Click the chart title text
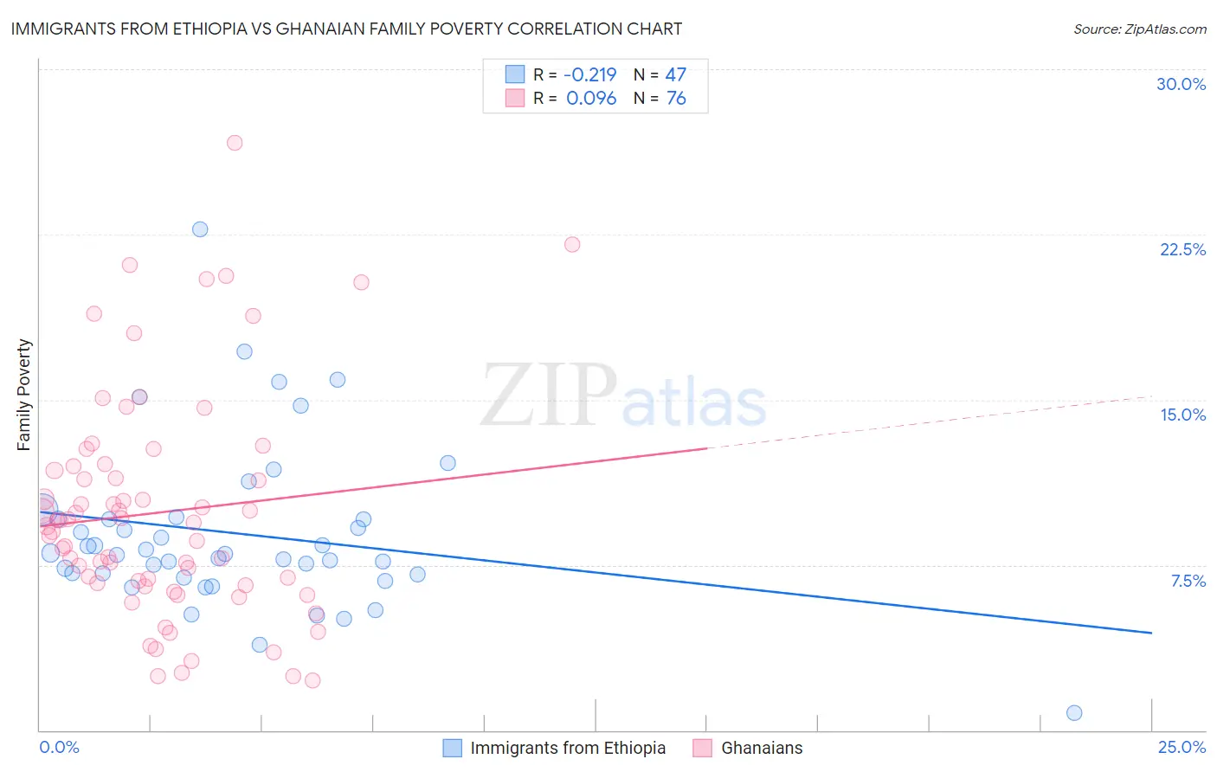pyautogui.click(x=346, y=29)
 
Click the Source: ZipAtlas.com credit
pyautogui.click(x=1139, y=29)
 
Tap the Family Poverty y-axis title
pyautogui.click(x=24, y=395)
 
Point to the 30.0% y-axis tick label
pyautogui.click(x=1181, y=84)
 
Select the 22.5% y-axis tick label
pyautogui.click(x=1182, y=249)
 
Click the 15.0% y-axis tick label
pyautogui.click(x=1182, y=415)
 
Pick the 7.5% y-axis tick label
pyautogui.click(x=1188, y=581)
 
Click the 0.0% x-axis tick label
pyautogui.click(x=59, y=747)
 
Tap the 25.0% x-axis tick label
pyautogui.click(x=1182, y=747)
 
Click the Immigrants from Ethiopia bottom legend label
pyautogui.click(x=568, y=748)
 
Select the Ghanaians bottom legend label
pyautogui.click(x=762, y=748)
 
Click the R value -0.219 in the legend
pyautogui.click(x=591, y=74)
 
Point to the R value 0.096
pyautogui.click(x=591, y=98)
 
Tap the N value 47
pyautogui.click(x=675, y=74)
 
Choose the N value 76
pyautogui.click(x=675, y=98)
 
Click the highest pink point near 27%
pyautogui.click(x=235, y=143)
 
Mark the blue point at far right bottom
pyautogui.click(x=1074, y=712)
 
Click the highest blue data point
pyautogui.click(x=200, y=229)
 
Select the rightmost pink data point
pyautogui.click(x=572, y=244)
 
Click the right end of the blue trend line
pyautogui.click(x=1151, y=633)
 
